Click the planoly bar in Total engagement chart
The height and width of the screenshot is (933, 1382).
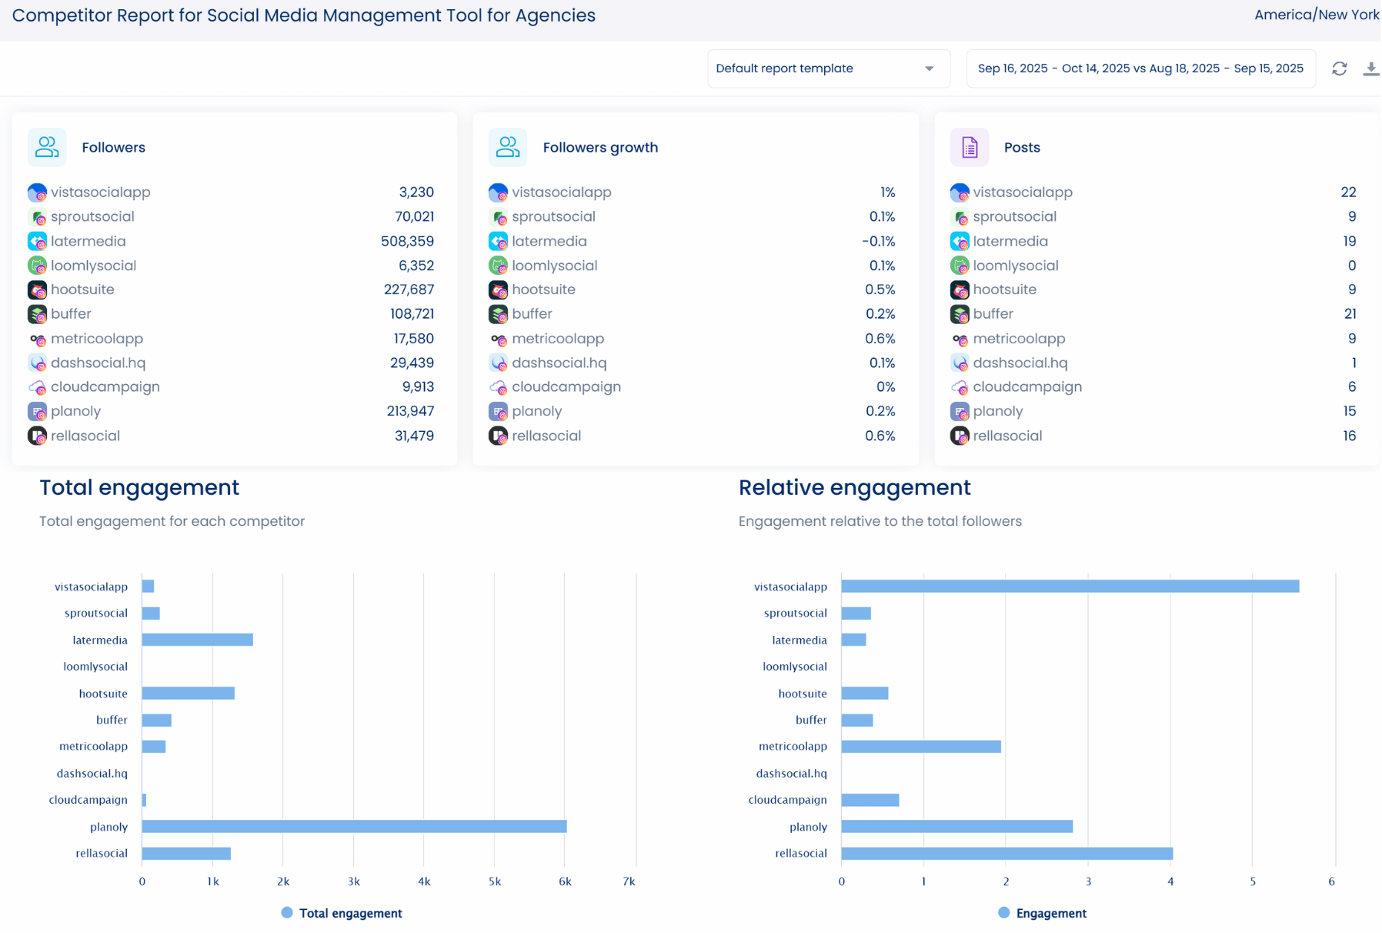click(x=354, y=826)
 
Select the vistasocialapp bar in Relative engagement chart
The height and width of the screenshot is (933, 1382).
click(x=1070, y=587)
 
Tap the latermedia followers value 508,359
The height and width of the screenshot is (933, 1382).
click(x=407, y=242)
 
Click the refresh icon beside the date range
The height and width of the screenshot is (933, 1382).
click(x=1339, y=69)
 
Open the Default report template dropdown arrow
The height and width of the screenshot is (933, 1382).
click(x=929, y=69)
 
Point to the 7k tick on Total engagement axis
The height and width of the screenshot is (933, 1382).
click(x=629, y=881)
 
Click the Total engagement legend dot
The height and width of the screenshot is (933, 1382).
click(x=287, y=913)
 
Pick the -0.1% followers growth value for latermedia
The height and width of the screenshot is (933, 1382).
click(x=878, y=242)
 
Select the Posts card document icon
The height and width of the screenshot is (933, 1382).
click(x=969, y=147)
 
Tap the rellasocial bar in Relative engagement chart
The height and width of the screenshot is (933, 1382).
click(x=1006, y=853)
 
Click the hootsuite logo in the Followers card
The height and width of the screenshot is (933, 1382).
click(x=37, y=290)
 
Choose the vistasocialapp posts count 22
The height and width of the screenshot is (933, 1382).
click(x=1347, y=192)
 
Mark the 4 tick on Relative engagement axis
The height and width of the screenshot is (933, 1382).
click(x=1170, y=881)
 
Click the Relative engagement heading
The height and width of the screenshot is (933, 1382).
click(x=854, y=488)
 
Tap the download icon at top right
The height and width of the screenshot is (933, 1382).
click(x=1370, y=69)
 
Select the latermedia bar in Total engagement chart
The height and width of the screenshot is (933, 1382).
click(x=197, y=640)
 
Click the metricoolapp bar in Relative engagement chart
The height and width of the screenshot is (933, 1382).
click(x=920, y=747)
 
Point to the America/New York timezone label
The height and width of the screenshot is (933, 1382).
click(x=1316, y=15)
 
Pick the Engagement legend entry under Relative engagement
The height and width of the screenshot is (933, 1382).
click(x=1050, y=913)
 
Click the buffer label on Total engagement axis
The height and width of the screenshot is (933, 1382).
click(x=112, y=721)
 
